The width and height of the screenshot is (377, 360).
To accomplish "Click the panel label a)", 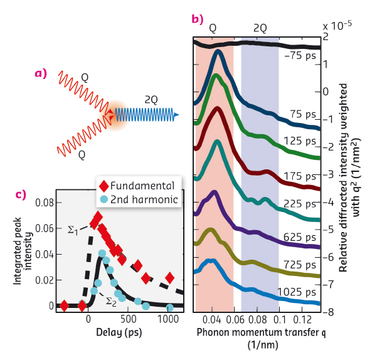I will coord(41,73).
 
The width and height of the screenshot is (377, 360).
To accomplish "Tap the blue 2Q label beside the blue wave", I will coord(150,100).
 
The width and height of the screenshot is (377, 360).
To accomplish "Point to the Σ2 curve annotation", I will coord(110,302).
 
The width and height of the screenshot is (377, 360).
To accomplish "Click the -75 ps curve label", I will coord(300,55).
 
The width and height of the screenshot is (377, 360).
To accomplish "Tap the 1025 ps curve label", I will coord(299,292).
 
